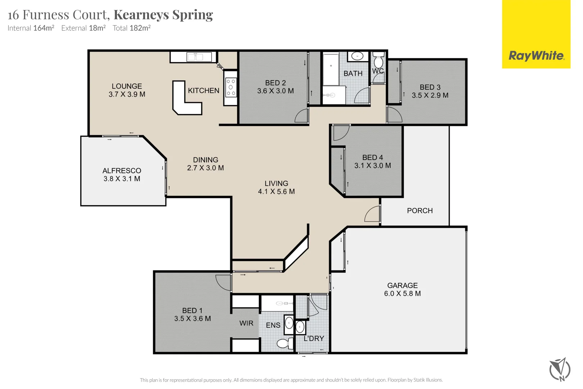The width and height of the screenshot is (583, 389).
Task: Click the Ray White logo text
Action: point(536,56)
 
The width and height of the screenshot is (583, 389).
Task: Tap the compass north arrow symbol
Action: point(560,369)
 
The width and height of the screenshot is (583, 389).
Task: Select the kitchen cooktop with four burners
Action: point(231,88)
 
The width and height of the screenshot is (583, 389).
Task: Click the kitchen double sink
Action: point(195,57)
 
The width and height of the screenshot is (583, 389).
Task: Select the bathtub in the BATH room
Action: point(331,69)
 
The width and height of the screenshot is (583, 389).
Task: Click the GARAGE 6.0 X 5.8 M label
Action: point(402,289)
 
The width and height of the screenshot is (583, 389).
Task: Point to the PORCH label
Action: point(420,211)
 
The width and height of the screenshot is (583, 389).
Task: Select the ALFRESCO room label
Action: point(122,171)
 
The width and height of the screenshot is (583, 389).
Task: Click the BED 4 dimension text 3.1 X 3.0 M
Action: point(372,166)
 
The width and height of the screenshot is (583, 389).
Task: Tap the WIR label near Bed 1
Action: point(246,323)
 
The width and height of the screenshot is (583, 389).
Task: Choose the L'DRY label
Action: point(314,339)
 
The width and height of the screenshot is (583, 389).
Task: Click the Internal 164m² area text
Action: point(31,28)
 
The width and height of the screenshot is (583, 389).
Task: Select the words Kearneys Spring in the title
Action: point(163,15)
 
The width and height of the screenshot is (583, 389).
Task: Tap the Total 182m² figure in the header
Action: point(131,28)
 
